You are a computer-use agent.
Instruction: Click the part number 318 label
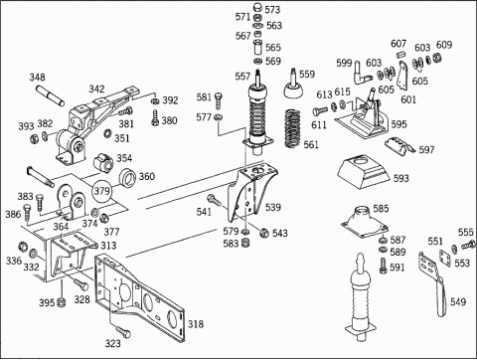[x=196, y=324]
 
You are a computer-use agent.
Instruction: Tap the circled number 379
[x=101, y=191]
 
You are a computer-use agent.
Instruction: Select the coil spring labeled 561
[x=293, y=128]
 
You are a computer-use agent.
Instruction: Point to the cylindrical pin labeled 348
[x=51, y=95]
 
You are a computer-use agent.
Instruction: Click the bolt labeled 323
[x=123, y=331]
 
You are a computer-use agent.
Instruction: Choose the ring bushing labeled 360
[x=127, y=178]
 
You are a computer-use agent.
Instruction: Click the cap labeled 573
[x=257, y=7]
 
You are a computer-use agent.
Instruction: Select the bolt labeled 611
[x=320, y=110]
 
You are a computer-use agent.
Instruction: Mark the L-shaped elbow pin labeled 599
[x=362, y=74]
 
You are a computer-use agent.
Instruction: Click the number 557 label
[x=242, y=77]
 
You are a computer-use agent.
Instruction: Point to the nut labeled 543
[x=264, y=233]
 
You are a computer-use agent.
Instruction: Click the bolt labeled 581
[x=219, y=100]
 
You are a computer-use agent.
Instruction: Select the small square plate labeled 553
[x=444, y=259]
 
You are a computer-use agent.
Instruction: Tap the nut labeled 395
[x=61, y=302]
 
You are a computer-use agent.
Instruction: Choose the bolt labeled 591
[x=384, y=266]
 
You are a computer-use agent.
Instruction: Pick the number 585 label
[x=381, y=209]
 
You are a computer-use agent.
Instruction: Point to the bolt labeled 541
[x=214, y=200]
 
